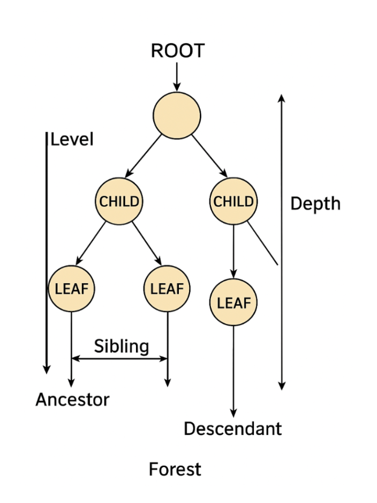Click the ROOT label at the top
tap(177, 51)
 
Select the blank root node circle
tap(177, 116)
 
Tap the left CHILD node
tap(119, 202)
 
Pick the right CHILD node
tap(233, 202)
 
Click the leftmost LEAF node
tap(71, 289)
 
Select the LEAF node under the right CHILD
tap(233, 302)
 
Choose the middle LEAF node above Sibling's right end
tap(167, 289)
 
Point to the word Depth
tap(315, 204)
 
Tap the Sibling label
tap(122, 346)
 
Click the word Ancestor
tap(72, 400)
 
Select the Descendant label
tap(232, 428)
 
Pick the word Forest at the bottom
tap(175, 470)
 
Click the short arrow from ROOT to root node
tap(177, 77)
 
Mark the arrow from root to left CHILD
tap(143, 157)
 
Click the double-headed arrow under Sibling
tap(119, 358)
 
